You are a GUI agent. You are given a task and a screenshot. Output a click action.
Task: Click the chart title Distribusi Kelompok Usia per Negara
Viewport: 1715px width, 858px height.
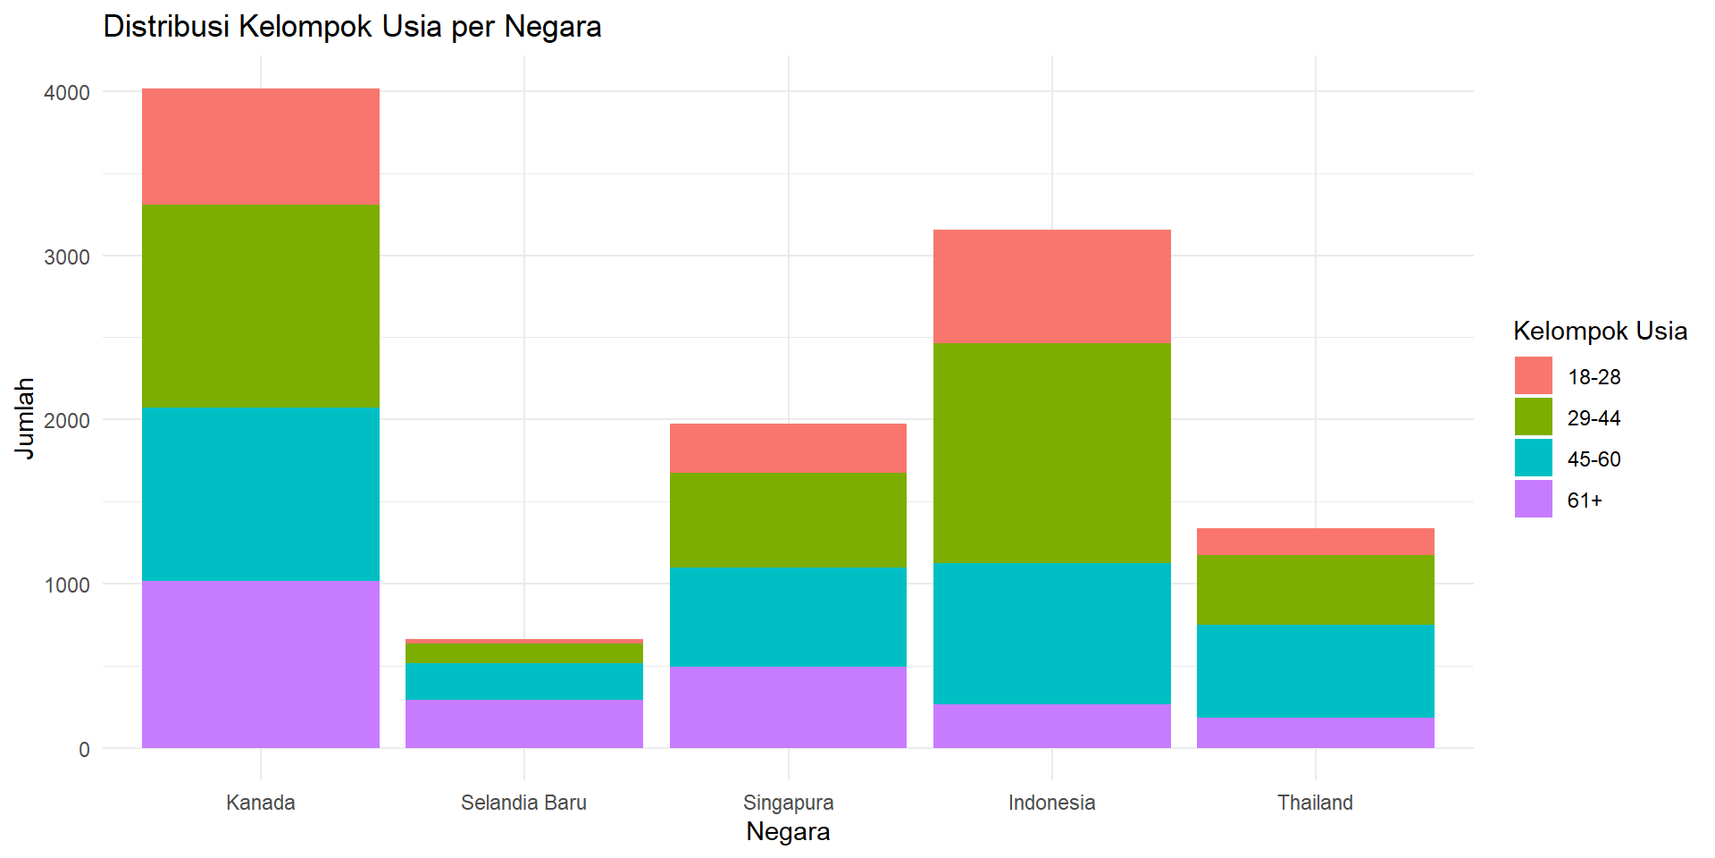coord(352,27)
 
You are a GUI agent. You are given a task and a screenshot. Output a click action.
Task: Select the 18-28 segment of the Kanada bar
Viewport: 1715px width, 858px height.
coord(261,147)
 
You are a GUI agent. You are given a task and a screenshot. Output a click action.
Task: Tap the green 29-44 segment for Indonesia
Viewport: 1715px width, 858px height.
coord(1051,452)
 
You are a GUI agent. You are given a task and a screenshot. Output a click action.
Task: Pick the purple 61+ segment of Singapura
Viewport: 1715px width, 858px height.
coord(788,707)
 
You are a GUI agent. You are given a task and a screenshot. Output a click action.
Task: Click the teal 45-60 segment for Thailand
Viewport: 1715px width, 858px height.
coord(1315,671)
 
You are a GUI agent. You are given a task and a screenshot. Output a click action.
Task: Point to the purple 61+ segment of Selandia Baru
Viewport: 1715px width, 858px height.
coord(524,724)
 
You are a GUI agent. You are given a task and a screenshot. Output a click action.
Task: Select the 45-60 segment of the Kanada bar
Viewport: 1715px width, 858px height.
coord(261,493)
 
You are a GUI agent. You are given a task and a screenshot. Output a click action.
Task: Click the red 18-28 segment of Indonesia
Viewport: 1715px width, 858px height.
coord(1051,286)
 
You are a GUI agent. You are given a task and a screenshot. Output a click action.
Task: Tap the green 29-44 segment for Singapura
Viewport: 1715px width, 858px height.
coord(788,520)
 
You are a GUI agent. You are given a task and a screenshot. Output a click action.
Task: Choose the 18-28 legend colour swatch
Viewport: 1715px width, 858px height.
coord(1533,376)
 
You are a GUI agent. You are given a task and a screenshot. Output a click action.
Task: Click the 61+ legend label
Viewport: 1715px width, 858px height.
coord(1585,500)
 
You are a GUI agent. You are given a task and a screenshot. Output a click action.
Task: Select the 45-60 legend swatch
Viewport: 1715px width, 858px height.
coord(1533,458)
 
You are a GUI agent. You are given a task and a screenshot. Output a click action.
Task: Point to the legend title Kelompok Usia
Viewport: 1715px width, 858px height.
coord(1600,332)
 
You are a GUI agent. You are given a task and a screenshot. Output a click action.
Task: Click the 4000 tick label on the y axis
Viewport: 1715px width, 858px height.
coord(67,93)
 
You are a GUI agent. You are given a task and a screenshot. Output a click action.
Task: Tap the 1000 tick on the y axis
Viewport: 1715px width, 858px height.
coord(67,585)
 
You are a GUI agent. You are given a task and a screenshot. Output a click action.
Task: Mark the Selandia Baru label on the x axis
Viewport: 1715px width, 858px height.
coord(523,803)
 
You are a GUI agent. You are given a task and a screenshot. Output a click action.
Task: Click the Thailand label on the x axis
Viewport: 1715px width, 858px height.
coord(1315,803)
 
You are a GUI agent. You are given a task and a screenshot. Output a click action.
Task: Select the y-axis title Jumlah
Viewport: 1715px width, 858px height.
coord(25,418)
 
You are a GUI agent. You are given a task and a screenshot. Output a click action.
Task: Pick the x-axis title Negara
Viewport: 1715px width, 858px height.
coord(788,832)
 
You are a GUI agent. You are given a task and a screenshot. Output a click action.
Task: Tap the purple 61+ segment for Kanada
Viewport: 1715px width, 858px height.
coord(261,664)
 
